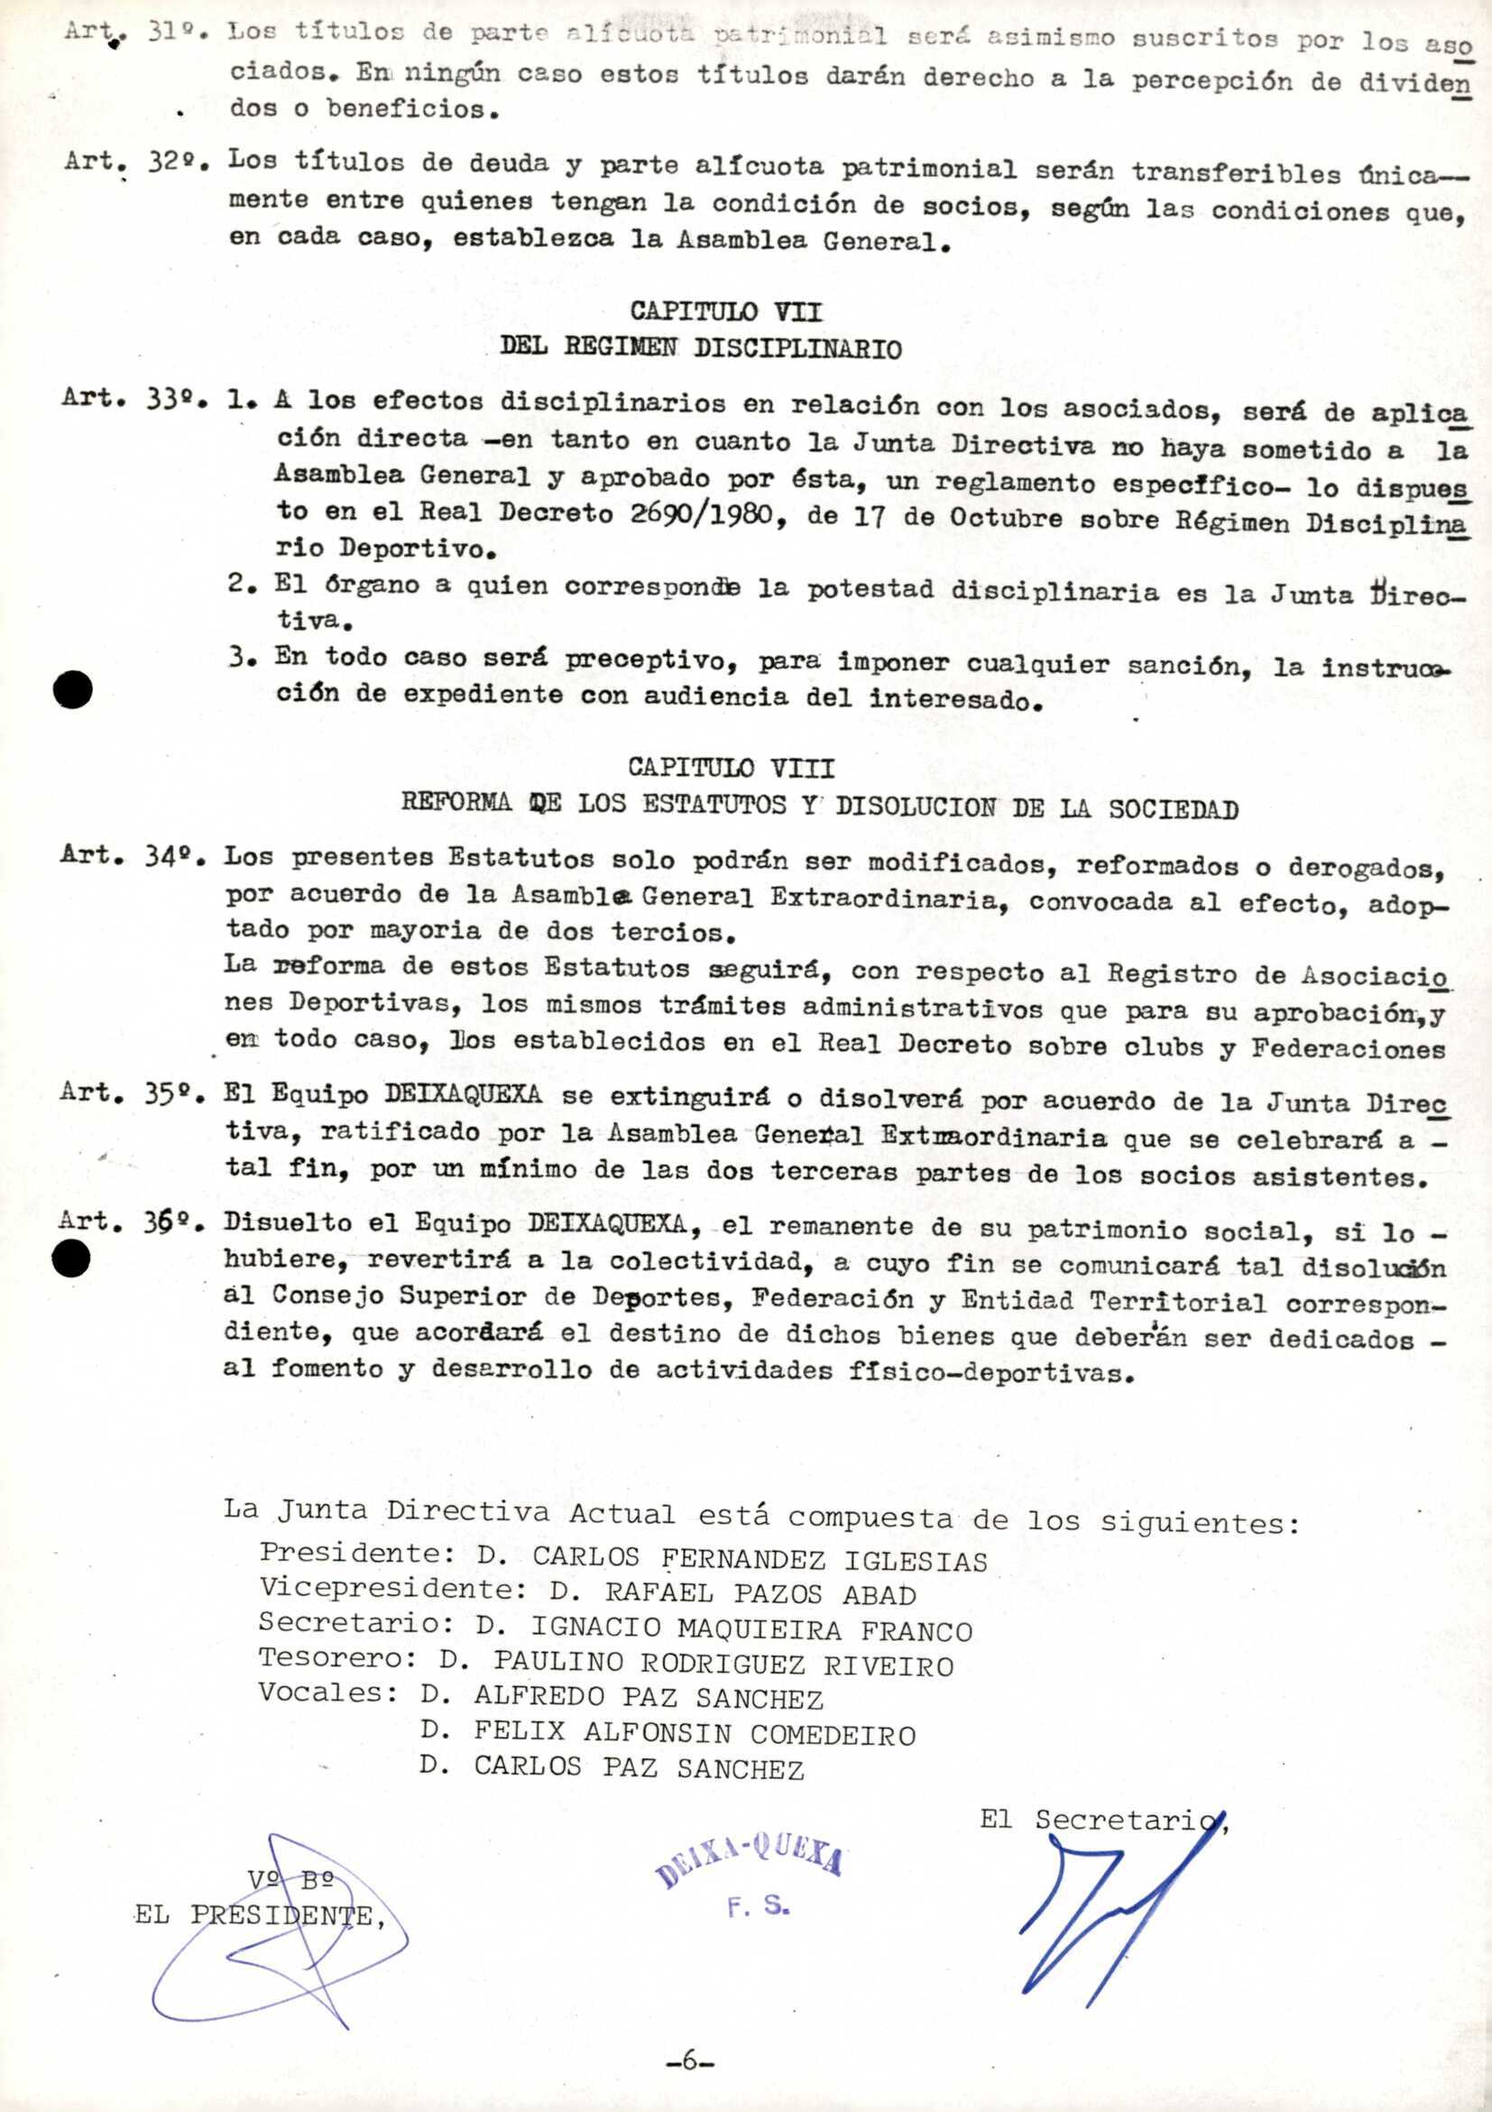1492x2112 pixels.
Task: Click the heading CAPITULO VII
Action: pyautogui.click(x=726, y=311)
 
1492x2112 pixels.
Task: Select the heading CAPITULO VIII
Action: pyautogui.click(x=732, y=766)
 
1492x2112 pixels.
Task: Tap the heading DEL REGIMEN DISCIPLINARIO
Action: pyautogui.click(x=700, y=347)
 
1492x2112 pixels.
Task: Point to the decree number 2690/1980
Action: pyautogui.click(x=701, y=512)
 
